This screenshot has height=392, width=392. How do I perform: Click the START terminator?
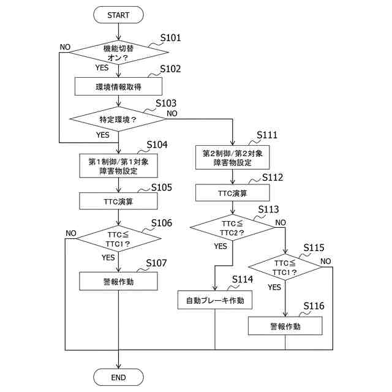pos(118,14)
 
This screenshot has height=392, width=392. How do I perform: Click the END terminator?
pos(118,377)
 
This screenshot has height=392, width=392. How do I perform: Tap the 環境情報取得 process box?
pos(118,86)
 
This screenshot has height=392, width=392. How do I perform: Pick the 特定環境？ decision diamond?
pos(118,118)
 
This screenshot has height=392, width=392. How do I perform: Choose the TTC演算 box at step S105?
pos(118,200)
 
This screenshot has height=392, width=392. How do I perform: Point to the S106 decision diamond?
pos(118,239)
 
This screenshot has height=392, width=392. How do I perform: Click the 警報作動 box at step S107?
pos(118,282)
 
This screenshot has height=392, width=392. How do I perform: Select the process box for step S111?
pos(233,157)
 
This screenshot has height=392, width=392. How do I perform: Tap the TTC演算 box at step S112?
pos(233,193)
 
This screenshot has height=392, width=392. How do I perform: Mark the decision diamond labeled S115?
pos(285,268)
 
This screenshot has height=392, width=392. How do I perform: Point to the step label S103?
pos(166,104)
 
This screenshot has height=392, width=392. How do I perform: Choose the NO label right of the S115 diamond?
pos(325,261)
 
